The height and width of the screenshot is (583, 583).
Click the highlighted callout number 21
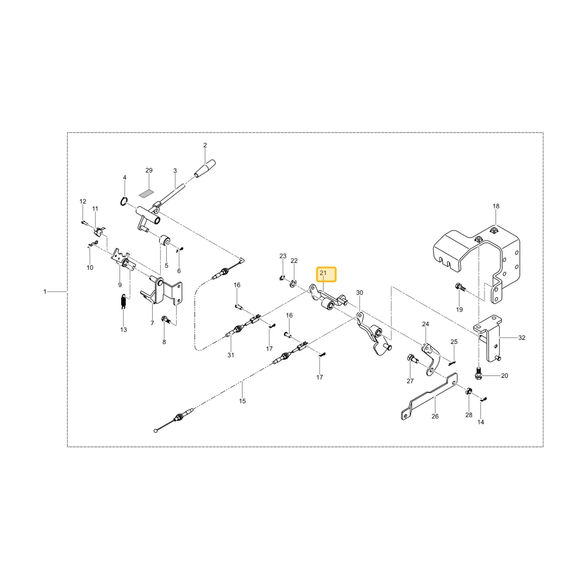pos(323,273)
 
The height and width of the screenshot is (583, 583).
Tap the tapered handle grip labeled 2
pos(205,168)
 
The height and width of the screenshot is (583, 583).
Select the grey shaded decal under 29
pos(146,194)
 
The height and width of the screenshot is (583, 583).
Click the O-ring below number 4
pos(124,202)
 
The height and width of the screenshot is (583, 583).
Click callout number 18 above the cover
pos(496,206)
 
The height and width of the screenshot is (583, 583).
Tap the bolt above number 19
pos(459,287)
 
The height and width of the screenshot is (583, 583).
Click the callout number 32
pos(522,338)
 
